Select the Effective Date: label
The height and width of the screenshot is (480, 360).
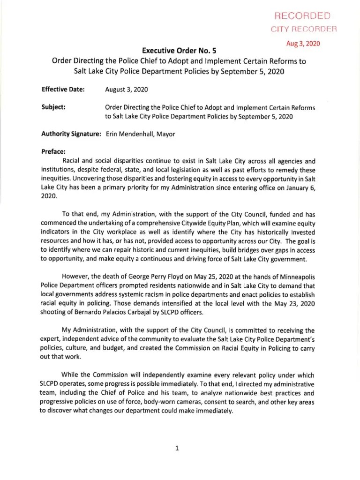(63, 89)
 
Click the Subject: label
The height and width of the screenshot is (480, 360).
(53, 107)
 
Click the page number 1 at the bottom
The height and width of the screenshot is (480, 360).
(177, 448)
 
